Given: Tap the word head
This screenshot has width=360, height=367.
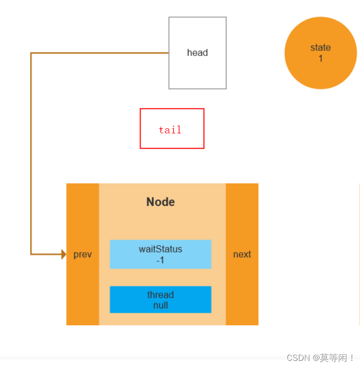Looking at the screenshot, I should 197,53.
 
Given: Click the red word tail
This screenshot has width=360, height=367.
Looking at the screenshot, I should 170,130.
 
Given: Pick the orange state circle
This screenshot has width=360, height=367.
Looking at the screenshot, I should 321,71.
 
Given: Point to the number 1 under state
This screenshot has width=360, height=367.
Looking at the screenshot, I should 321,59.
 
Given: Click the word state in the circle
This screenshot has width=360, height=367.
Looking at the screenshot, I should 321,48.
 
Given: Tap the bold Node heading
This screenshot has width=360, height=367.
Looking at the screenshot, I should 160,202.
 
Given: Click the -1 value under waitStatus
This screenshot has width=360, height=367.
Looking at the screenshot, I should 160,260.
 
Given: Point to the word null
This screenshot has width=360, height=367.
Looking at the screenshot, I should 160,305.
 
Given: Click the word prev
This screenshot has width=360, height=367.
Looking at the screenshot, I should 82,255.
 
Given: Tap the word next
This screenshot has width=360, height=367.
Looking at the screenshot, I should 242,255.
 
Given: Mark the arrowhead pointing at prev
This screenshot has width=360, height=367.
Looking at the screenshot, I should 64,254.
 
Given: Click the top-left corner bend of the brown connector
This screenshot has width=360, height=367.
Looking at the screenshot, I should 31,53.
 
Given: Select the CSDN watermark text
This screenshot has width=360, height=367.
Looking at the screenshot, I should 320,358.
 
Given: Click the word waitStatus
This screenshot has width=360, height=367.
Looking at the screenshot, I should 160,249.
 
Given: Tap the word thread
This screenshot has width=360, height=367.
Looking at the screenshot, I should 160,295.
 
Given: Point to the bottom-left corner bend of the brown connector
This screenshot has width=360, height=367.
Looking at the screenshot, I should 31,254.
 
